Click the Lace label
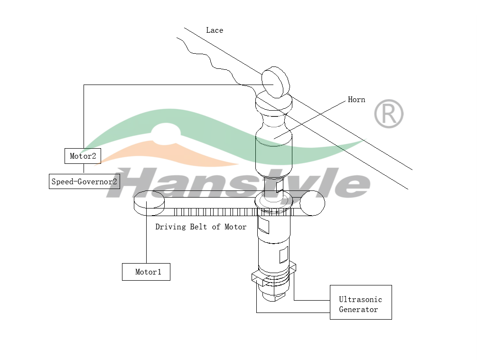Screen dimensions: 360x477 point(215,30)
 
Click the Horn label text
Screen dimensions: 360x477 point(356,100)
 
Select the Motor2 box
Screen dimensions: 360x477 point(83,156)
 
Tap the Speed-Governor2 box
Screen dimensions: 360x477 point(84,181)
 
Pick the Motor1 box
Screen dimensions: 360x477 point(146,272)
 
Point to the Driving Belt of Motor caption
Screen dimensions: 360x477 point(201,227)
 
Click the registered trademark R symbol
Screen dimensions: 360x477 point(389,114)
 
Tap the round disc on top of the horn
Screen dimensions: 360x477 point(275,82)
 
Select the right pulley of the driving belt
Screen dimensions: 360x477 point(312,203)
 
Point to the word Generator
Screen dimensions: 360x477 point(358,310)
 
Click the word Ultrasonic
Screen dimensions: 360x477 point(360,299)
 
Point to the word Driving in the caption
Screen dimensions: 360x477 point(171,227)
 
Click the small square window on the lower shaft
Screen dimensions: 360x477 point(284,256)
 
